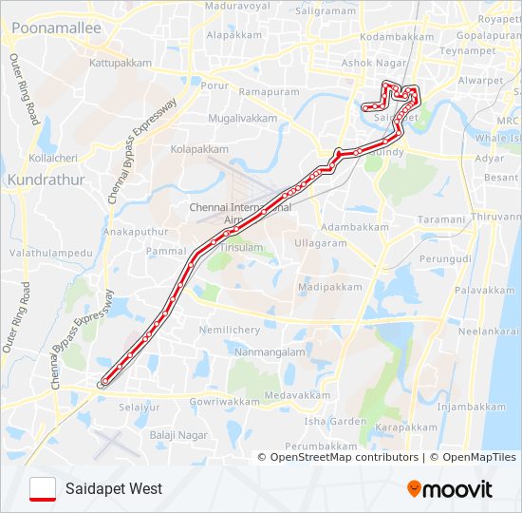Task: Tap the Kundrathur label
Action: click(x=46, y=179)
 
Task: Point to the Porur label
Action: click(x=215, y=85)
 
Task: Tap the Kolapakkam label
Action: click(x=199, y=149)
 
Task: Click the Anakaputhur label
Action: click(x=135, y=231)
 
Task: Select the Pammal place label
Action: click(x=166, y=251)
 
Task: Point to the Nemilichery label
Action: click(x=229, y=330)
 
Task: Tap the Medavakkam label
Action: click(x=298, y=394)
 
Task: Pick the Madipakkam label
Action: click(x=329, y=286)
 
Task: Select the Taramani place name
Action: click(x=441, y=218)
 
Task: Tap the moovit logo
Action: click(x=450, y=489)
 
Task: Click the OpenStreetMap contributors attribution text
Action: click(x=344, y=457)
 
